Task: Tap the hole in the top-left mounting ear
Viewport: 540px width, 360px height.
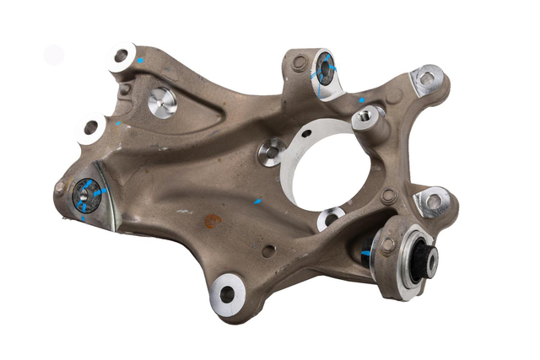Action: (121, 56)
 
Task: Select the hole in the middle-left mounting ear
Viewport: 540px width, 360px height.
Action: (90, 127)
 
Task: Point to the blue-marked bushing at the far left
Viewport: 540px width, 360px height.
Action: (86, 195)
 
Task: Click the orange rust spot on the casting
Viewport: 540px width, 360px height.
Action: (213, 221)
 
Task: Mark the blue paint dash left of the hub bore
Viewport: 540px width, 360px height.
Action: (258, 201)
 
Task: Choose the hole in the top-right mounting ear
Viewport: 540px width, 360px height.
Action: (428, 79)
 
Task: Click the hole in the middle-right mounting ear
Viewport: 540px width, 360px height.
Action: (434, 201)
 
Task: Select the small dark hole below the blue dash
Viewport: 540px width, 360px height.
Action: (267, 250)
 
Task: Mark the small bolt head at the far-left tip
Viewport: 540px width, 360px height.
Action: (60, 187)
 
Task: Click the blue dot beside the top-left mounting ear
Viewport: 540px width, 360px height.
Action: (140, 60)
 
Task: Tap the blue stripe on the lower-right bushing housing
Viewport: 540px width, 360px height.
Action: (365, 252)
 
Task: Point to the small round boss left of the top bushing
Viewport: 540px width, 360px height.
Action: (299, 62)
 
